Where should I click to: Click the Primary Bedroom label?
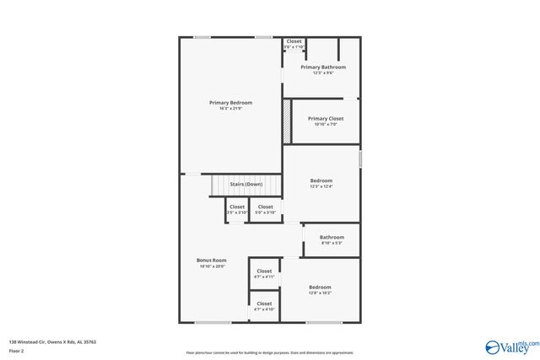(230, 103)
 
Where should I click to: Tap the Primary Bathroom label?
(323, 67)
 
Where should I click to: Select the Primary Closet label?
(325, 119)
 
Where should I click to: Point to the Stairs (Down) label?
(246, 184)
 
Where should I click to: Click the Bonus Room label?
(212, 261)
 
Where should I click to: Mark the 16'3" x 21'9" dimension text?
(230, 109)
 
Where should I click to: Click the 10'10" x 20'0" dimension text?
(212, 266)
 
